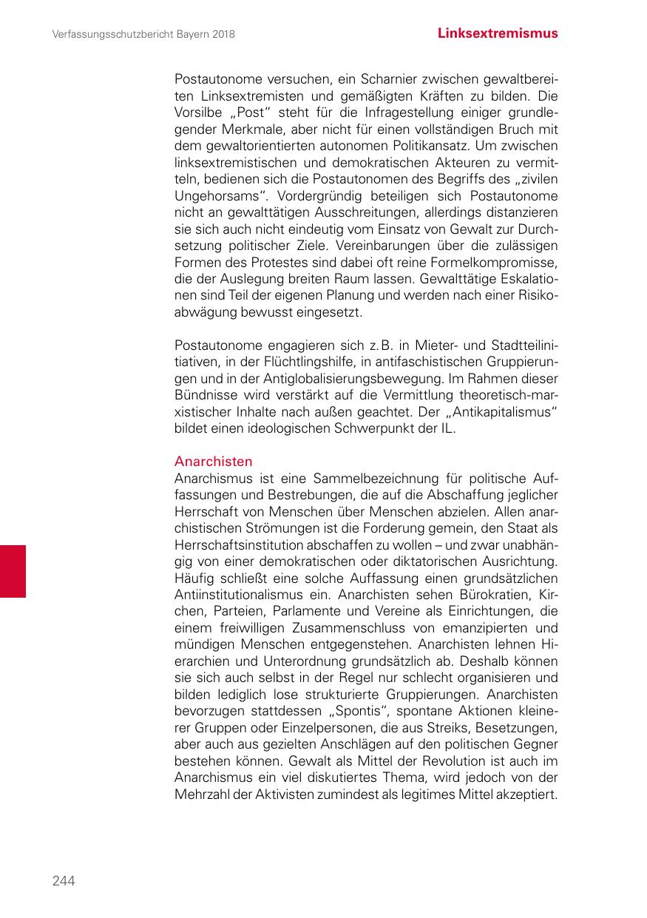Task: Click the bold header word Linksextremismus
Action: (497, 33)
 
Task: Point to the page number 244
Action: (64, 880)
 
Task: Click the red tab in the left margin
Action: (13, 571)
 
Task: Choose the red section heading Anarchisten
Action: (213, 462)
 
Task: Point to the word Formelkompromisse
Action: (503, 264)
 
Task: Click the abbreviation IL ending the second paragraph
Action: (448, 428)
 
